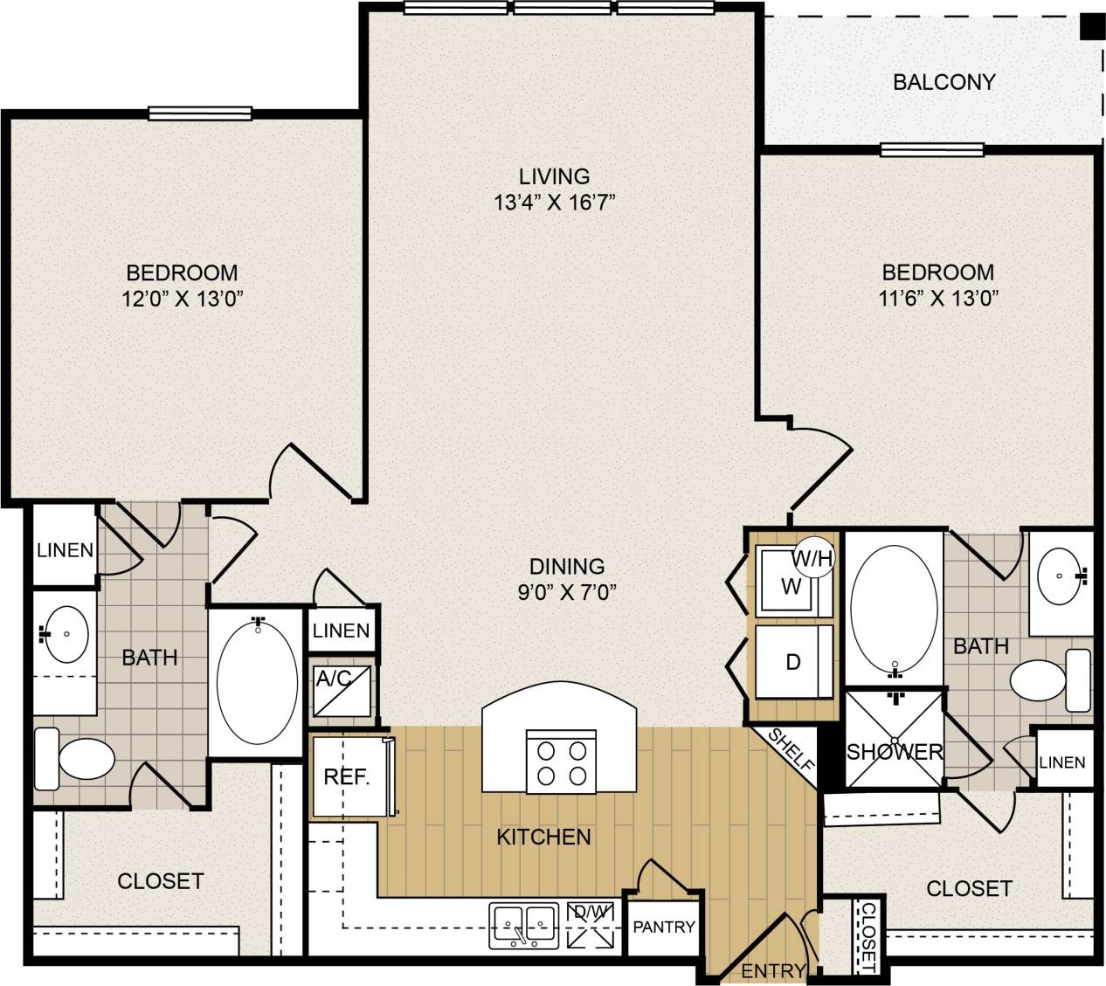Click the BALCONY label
(x=944, y=82)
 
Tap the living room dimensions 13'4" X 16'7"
(x=555, y=203)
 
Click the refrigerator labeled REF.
(x=347, y=776)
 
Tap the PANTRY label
(x=664, y=927)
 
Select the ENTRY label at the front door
(x=772, y=970)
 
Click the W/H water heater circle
(x=813, y=558)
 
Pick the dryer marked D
(x=792, y=661)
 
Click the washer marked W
(x=790, y=586)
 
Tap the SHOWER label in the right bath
(x=895, y=751)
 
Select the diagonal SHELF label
(x=791, y=748)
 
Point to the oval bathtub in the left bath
(x=257, y=682)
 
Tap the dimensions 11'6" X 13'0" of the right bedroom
(x=937, y=298)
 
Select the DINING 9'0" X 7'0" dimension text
(x=566, y=593)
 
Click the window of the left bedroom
(x=200, y=114)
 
